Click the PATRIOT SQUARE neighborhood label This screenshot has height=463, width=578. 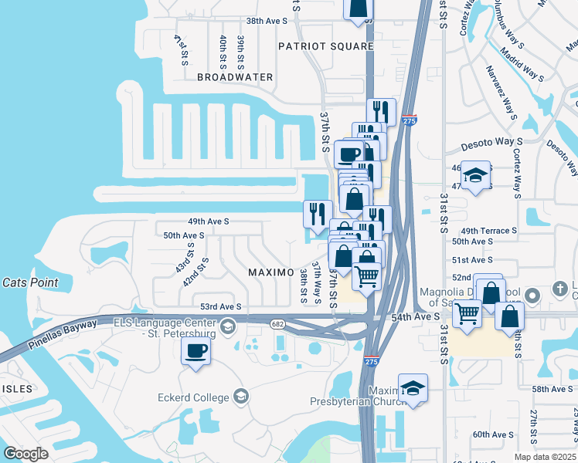(x=326, y=46)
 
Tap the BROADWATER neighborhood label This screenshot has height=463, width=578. (x=235, y=77)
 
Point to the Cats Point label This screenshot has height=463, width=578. (x=30, y=282)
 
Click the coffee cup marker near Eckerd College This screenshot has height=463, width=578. (x=195, y=351)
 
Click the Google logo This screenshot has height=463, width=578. (x=25, y=454)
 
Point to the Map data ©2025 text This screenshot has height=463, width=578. (x=545, y=457)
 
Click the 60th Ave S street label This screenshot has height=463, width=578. (x=493, y=434)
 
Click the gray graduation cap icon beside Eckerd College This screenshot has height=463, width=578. (x=241, y=397)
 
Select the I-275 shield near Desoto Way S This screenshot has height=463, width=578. (x=409, y=120)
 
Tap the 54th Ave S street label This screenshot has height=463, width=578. (x=415, y=317)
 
